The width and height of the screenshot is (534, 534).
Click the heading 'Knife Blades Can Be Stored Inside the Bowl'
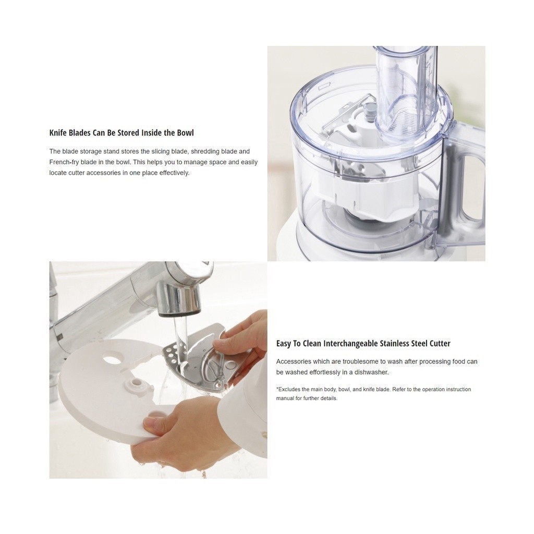tap(122, 133)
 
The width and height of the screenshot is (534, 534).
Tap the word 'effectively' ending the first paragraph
tap(174, 173)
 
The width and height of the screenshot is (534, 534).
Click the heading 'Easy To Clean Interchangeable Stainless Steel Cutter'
tap(363, 344)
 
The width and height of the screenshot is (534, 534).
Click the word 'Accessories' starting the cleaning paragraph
tap(293, 361)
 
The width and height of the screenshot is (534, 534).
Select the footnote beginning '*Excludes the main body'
tap(373, 394)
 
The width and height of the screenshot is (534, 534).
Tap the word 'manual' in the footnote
tap(285, 398)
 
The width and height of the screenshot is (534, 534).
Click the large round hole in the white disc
tap(111, 360)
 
